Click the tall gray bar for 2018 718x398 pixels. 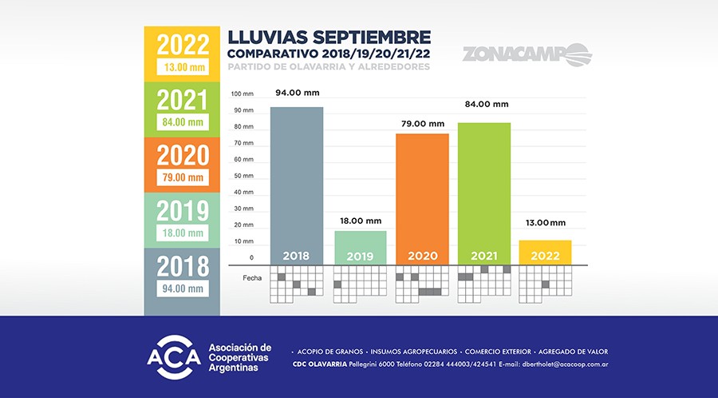[297, 184]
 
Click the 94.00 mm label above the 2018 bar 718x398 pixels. [297, 93]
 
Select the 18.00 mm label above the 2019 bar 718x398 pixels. [361, 220]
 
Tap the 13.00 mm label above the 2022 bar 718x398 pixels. [545, 222]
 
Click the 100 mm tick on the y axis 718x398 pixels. [243, 94]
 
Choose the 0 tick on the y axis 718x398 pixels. [251, 257]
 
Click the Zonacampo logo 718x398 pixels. [527, 54]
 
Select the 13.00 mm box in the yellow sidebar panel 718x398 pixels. [183, 68]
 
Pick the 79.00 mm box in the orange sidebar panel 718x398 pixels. [183, 177]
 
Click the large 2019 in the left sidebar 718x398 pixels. [183, 210]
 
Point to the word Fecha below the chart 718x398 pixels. [252, 277]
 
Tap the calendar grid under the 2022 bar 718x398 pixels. [546, 284]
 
